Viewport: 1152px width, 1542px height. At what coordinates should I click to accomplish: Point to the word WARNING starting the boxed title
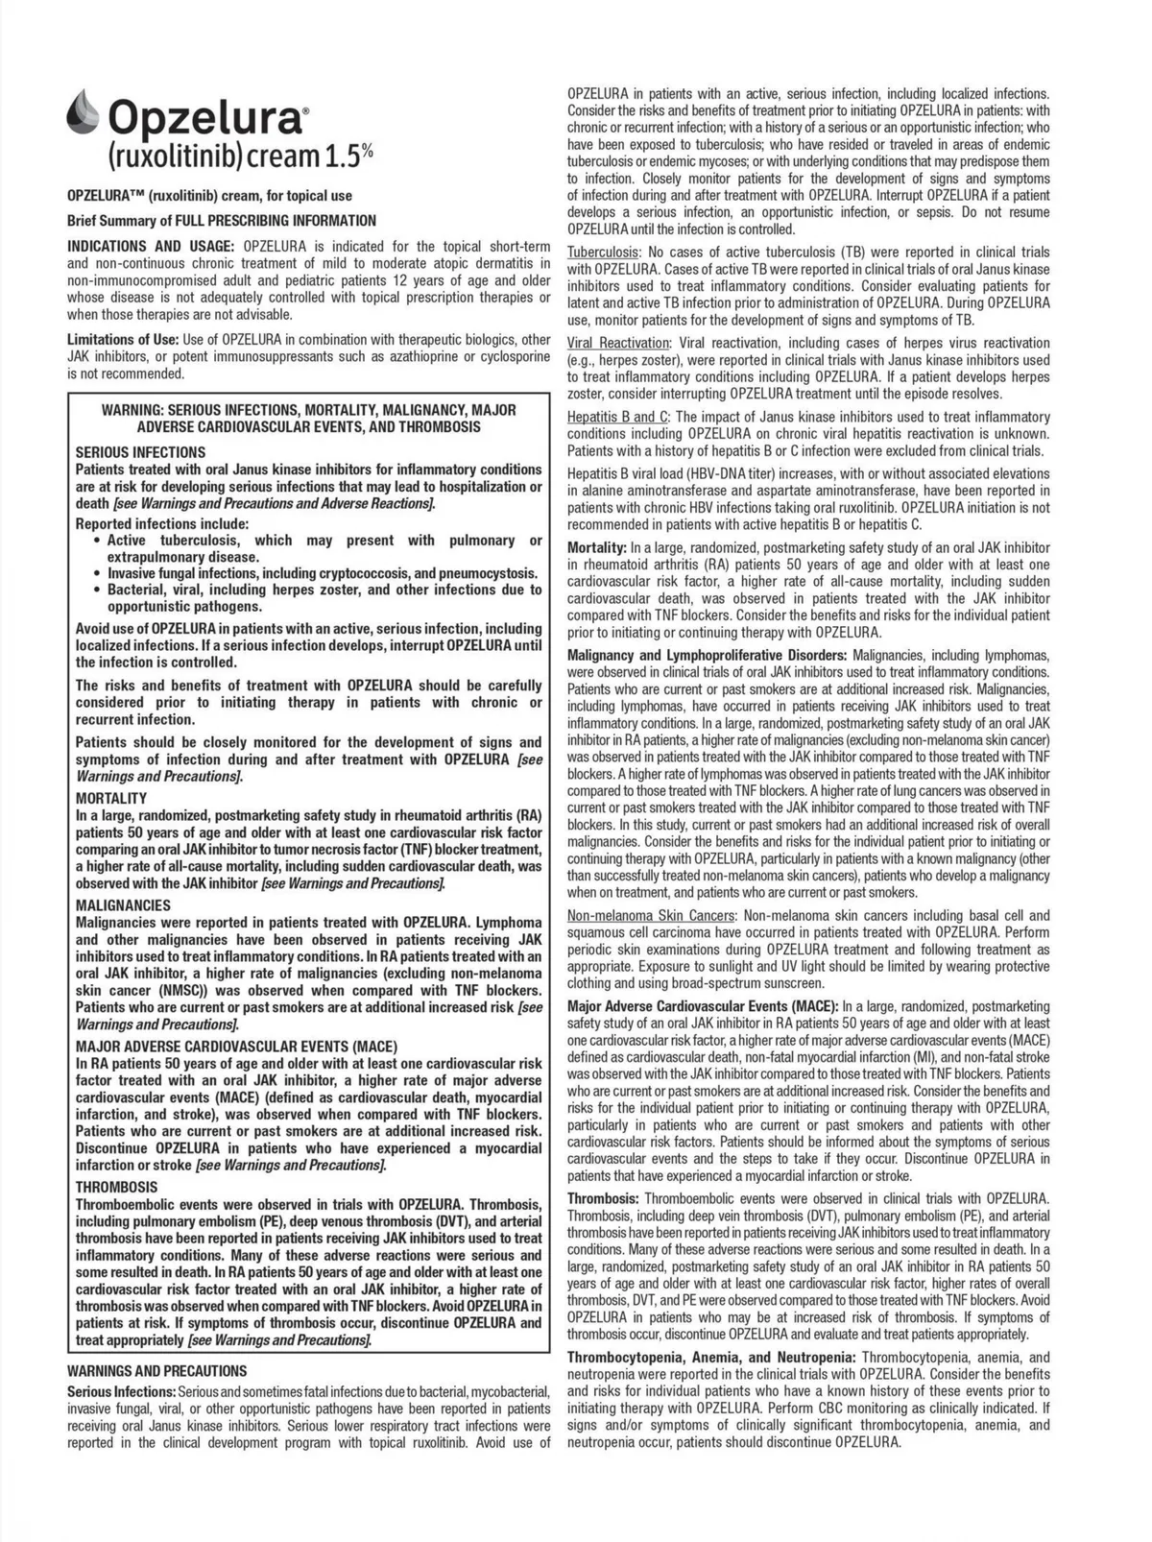click(132, 410)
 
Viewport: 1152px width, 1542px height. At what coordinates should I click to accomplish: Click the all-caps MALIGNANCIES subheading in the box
click(123, 904)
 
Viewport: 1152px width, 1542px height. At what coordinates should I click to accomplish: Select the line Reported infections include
click(162, 523)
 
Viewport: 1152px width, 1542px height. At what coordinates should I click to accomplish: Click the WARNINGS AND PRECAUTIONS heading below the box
click(156, 1371)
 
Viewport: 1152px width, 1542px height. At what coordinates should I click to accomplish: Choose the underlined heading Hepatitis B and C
click(618, 417)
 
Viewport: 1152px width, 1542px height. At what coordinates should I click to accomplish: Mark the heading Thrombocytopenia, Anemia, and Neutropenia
click(711, 1357)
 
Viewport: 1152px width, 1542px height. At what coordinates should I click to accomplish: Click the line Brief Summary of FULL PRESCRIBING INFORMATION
click(222, 220)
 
